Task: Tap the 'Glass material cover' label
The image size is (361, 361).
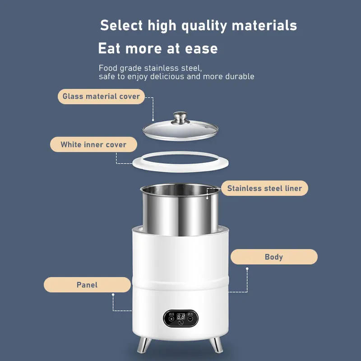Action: point(101,97)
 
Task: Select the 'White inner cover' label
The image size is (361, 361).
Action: point(93,145)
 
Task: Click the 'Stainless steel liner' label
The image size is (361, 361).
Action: point(264,188)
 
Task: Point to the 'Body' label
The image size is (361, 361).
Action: point(273,257)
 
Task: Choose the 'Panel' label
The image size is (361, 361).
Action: point(87,285)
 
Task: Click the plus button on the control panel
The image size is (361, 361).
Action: point(171,318)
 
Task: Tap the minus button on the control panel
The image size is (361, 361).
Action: point(190,318)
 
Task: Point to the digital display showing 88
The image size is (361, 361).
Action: point(181,317)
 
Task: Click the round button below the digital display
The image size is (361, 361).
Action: point(181,323)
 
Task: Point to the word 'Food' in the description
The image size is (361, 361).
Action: point(107,68)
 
